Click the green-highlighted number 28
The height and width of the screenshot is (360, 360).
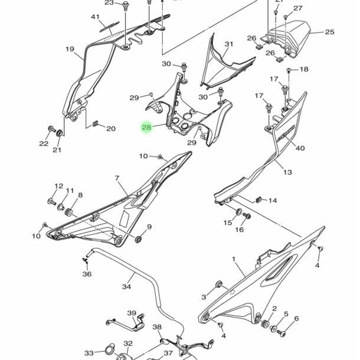(147, 127)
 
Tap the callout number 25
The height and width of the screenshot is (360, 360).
(329, 32)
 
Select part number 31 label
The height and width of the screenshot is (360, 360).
(228, 44)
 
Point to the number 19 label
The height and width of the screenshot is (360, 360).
(70, 49)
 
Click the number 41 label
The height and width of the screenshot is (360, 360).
(95, 17)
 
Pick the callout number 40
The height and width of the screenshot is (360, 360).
(300, 148)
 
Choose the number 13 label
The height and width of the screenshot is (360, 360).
(287, 172)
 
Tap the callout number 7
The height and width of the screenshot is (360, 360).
(117, 178)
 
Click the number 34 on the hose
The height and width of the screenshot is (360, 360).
(126, 287)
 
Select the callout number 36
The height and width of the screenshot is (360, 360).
(87, 274)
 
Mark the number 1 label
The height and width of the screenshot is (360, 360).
(234, 259)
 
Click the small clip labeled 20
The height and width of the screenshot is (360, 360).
(95, 123)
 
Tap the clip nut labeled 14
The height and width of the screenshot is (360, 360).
(258, 199)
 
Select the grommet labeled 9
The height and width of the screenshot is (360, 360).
(138, 240)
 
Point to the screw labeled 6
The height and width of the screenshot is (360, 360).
(281, 333)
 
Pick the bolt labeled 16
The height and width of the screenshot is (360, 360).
(247, 216)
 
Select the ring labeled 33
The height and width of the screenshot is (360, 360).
(109, 351)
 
